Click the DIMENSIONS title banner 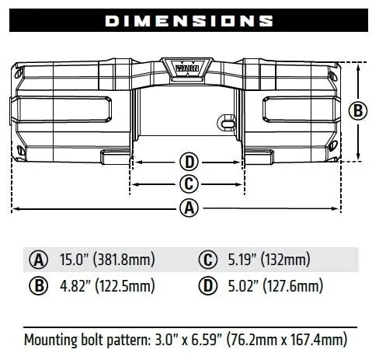189,20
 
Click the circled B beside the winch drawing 357,110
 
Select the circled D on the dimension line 189,163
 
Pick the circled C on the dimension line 189,184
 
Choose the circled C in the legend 207,259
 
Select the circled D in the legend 207,285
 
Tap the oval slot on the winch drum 226,123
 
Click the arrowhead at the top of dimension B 357,65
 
